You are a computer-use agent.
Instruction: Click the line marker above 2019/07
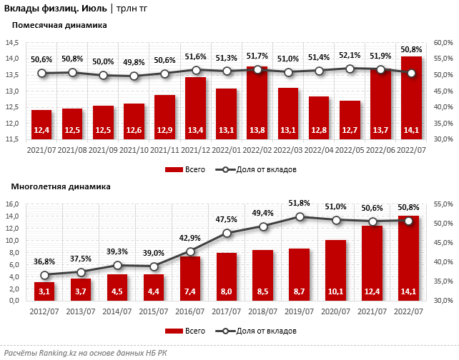point(300,216)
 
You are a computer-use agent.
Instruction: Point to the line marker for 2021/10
point(134,76)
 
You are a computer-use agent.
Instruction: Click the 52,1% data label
point(350,55)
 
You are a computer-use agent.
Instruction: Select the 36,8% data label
point(44,262)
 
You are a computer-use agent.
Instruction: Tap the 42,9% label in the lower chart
point(190,237)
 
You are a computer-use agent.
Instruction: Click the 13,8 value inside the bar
point(257,130)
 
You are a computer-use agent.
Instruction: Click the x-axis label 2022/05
point(350,150)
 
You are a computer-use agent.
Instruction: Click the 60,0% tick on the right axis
point(443,43)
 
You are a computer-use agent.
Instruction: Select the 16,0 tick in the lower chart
point(12,204)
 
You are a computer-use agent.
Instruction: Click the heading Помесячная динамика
point(59,25)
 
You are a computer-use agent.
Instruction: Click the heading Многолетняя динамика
point(61,186)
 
